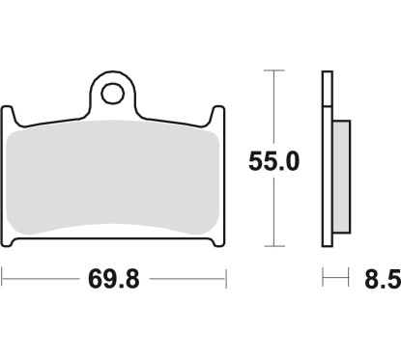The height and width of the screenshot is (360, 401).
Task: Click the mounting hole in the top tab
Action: (115, 94)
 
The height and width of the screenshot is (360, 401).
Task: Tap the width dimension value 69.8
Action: (113, 282)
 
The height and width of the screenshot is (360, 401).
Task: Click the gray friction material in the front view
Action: (114, 179)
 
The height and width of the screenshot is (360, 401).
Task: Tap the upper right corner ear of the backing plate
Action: (219, 115)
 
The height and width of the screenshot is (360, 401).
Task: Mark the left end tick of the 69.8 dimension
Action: (3, 281)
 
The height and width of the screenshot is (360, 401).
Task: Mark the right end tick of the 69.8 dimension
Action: (226, 281)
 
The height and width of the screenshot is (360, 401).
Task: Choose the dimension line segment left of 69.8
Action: (39, 281)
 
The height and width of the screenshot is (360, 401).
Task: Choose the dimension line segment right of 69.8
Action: (188, 281)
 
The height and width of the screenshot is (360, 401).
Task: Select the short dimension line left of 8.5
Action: (334, 281)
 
